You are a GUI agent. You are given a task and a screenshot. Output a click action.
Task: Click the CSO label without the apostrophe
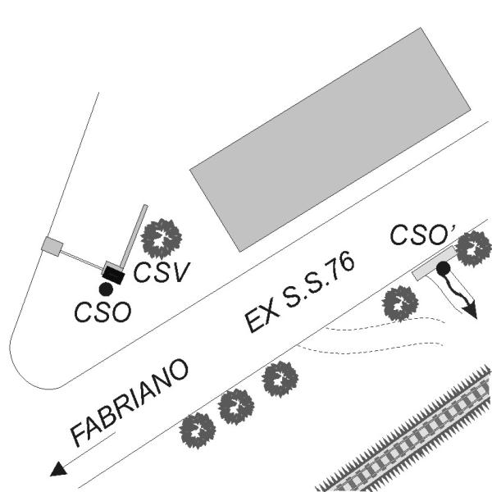click(102, 312)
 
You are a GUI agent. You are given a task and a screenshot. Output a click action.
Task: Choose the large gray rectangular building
click(340, 139)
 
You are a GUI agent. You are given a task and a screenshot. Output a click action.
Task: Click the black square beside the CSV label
click(112, 273)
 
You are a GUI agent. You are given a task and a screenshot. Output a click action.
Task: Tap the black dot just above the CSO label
click(105, 289)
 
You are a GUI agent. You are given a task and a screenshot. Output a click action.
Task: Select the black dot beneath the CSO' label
click(443, 268)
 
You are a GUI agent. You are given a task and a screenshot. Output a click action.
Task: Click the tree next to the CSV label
click(162, 239)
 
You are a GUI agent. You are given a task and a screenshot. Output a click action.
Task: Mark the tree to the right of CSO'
click(473, 248)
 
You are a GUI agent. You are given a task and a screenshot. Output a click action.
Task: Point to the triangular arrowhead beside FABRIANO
click(58, 470)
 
